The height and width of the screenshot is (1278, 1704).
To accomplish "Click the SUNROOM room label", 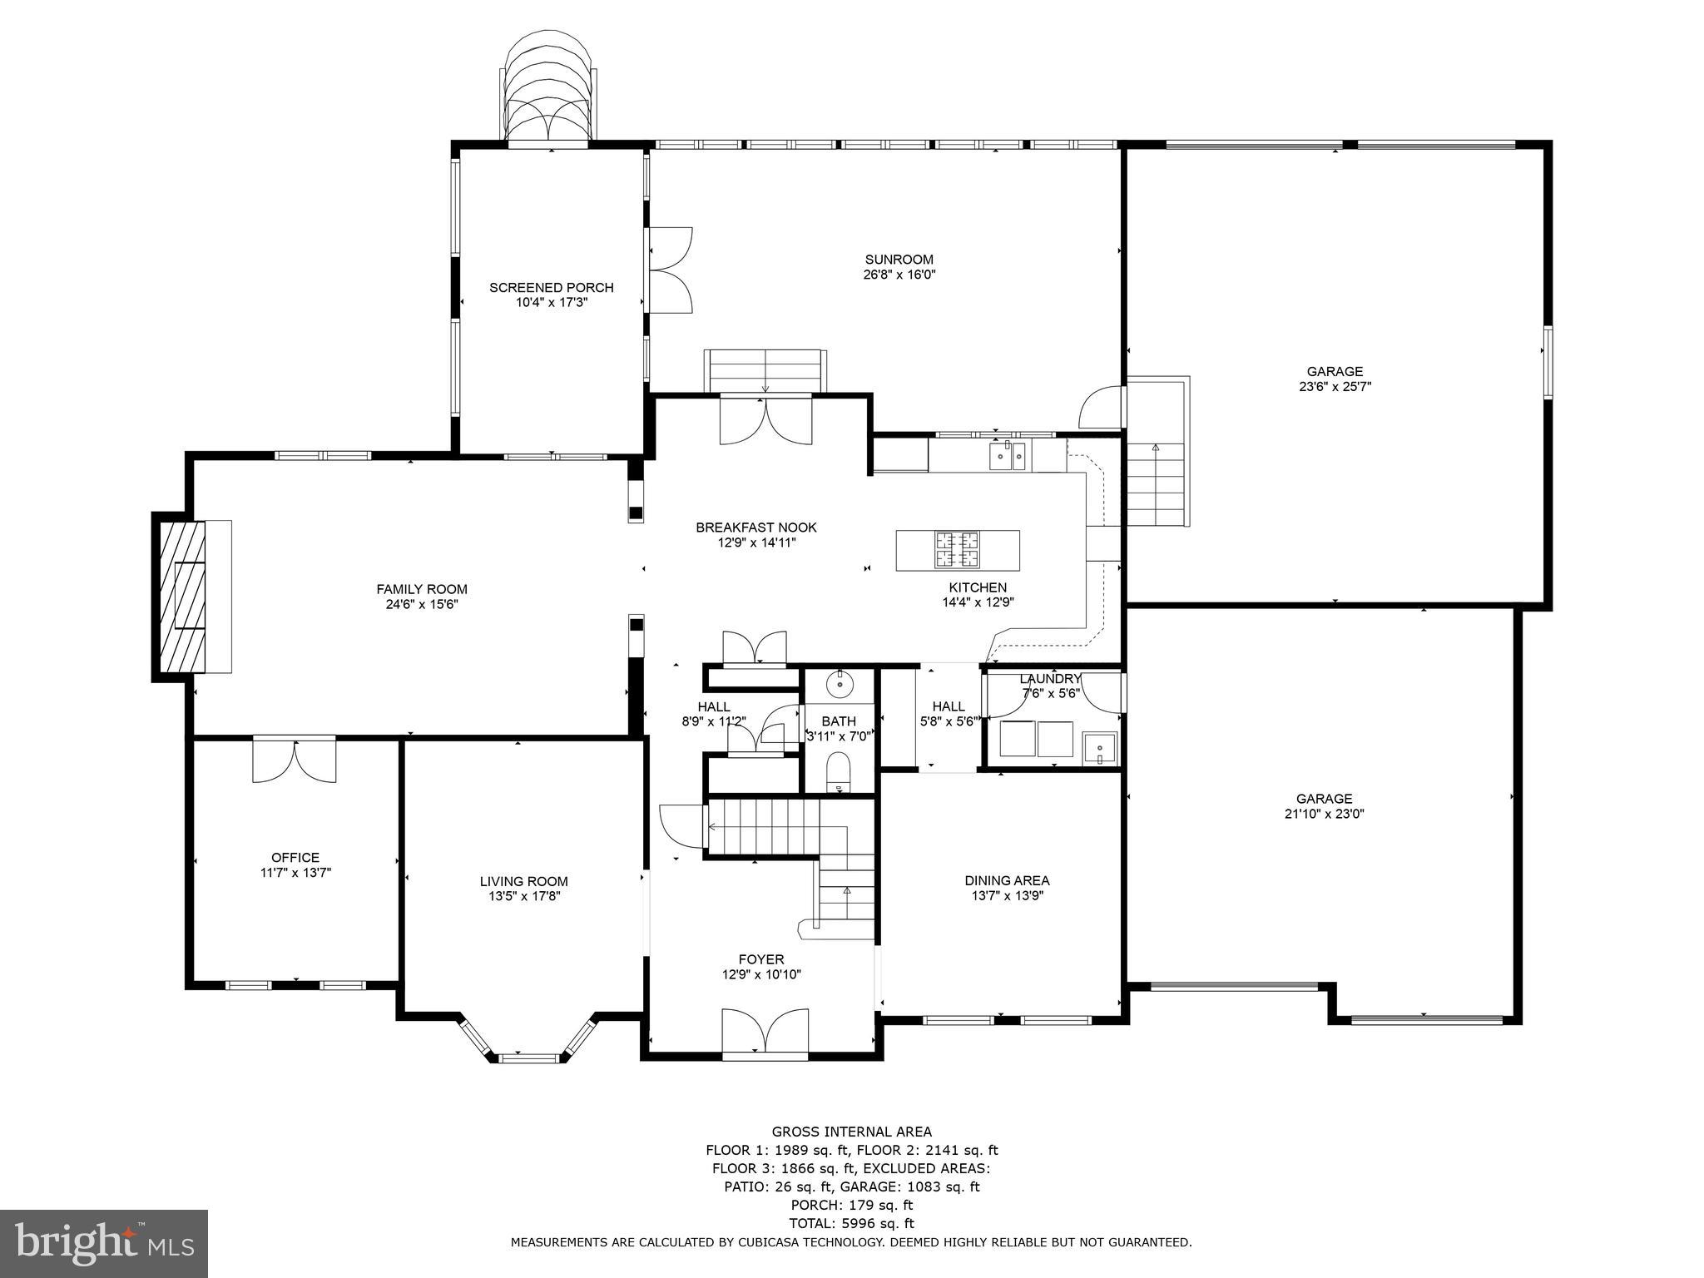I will pos(899,260).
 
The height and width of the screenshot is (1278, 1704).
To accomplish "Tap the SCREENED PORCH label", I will pos(551,288).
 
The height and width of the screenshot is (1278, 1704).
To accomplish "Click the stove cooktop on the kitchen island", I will pos(957,549).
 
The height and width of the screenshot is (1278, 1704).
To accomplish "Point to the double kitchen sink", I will pos(1007,456).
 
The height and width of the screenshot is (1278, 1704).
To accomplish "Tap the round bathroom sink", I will pos(840,684).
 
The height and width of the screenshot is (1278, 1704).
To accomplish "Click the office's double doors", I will pos(295,759).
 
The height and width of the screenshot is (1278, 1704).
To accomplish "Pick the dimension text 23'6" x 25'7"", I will pos(1334,387).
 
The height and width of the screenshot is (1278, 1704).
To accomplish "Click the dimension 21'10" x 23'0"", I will pos(1324,814).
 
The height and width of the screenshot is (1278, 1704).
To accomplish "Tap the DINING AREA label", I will pos(1007,880).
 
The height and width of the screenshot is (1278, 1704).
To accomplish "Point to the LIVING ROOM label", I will pos(523,882).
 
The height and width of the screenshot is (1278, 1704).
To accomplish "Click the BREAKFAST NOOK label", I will pos(756,528).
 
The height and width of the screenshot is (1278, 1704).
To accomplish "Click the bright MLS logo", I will pos(104,1242).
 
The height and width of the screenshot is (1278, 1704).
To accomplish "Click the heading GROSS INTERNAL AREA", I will pos(851,1132).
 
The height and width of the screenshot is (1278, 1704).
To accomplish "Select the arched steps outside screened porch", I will pos(549,92).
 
